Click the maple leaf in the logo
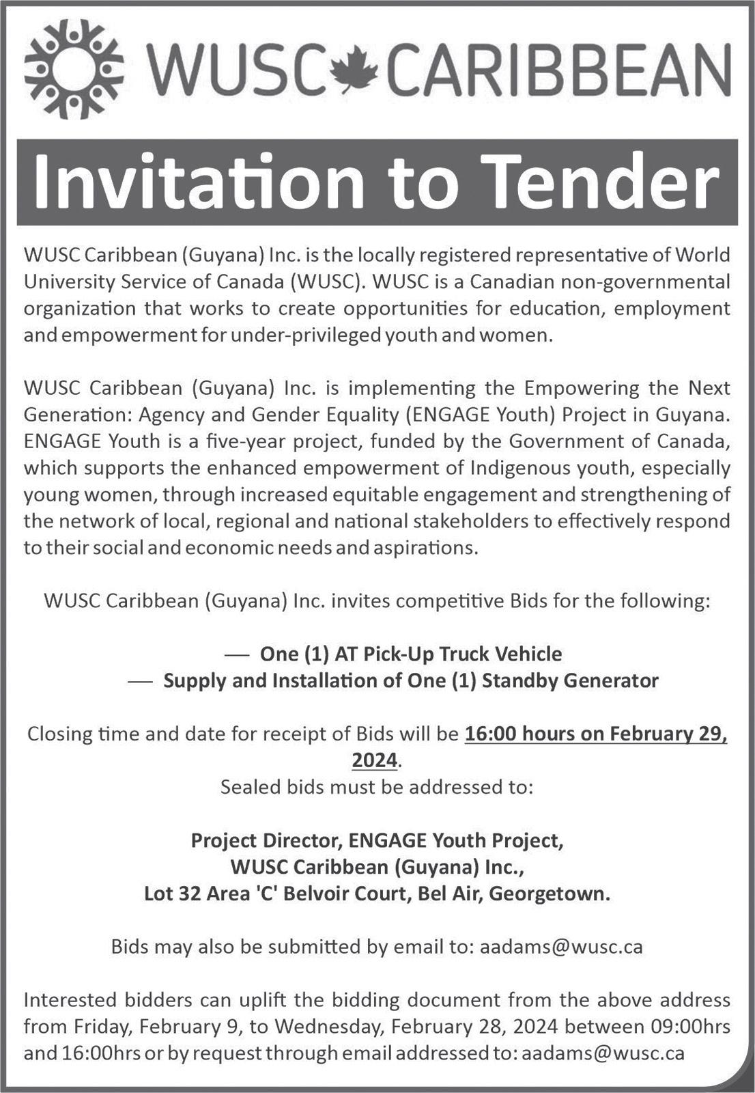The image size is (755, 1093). point(357,70)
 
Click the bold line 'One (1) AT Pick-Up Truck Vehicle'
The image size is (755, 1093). point(411,654)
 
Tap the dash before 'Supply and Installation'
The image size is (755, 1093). point(140,681)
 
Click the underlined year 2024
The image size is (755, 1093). point(374,760)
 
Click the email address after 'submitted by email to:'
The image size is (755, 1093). point(561,947)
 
